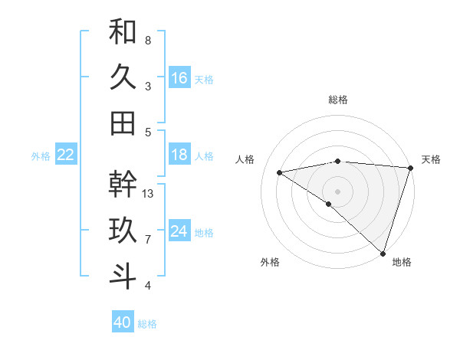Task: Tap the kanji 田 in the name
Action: pos(123,123)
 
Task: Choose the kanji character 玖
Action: pos(123,231)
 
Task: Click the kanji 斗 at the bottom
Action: pos(123,277)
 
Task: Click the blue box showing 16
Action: pos(179,78)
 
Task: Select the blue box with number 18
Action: pos(179,155)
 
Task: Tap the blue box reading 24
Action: pos(179,231)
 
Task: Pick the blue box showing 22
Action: pos(66,155)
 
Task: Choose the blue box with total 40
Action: pos(123,322)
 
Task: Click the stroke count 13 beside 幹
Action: pos(149,193)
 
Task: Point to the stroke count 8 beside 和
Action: pos(148,40)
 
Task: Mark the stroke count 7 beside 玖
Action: pos(148,240)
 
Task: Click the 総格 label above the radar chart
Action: pos(338,100)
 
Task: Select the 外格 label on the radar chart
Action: pos(270,263)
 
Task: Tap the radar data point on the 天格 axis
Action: pos(410,168)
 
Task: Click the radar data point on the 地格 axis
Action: pos(382,252)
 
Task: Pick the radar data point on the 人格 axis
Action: pos(280,172)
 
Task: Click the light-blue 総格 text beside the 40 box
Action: pos(147,324)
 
